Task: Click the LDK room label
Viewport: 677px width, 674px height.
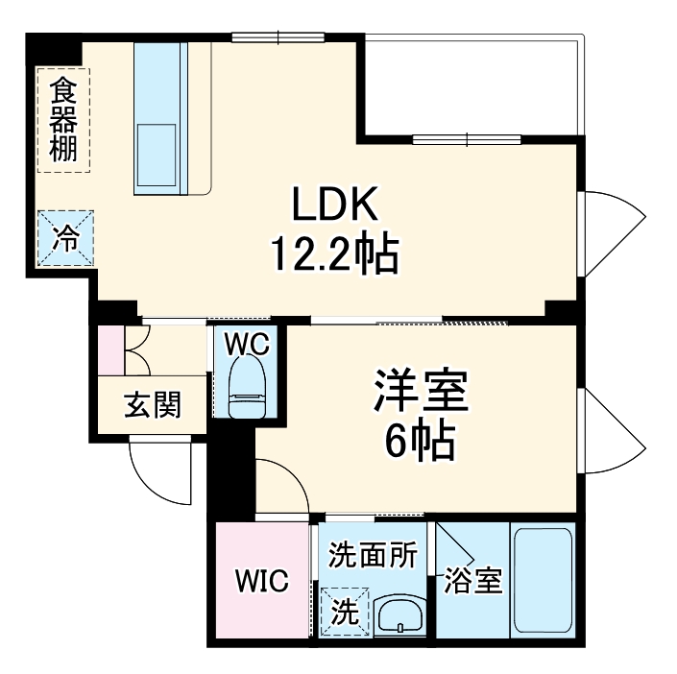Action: (x=336, y=205)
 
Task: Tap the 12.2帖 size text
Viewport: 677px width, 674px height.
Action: (x=334, y=253)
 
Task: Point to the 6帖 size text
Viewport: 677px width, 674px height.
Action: (x=420, y=441)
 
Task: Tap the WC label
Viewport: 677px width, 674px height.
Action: (x=246, y=342)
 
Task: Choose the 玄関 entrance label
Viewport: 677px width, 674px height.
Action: (x=152, y=406)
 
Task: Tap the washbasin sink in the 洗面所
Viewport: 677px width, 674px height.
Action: (x=399, y=614)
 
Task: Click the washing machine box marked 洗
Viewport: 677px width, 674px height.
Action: (x=345, y=611)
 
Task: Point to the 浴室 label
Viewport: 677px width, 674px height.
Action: (x=473, y=581)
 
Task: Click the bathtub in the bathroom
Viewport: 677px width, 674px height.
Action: (x=543, y=581)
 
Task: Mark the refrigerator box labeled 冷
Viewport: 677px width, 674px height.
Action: (x=66, y=236)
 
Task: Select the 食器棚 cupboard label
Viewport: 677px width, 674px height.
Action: (x=64, y=120)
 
